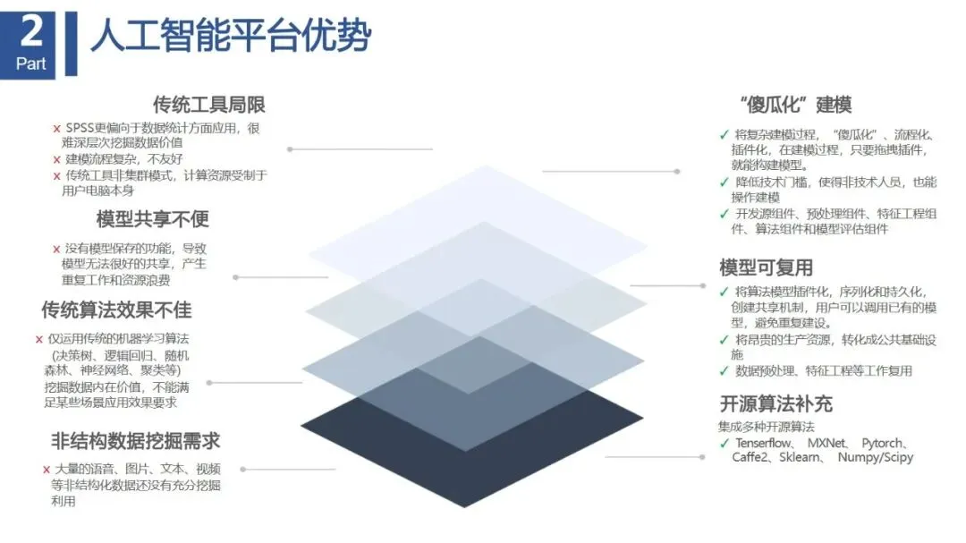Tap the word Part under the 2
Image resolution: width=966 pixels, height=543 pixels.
pos(31,64)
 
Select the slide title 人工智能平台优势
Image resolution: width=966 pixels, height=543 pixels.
pos(231,38)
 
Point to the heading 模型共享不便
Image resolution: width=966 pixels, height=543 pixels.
pos(153,219)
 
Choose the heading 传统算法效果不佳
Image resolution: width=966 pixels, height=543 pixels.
pos(116,310)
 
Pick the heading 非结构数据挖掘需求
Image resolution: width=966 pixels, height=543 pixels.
pos(136,441)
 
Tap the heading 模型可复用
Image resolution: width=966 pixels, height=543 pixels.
pos(766,267)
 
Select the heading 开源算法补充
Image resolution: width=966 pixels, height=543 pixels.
pos(775,403)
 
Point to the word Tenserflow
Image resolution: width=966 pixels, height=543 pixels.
pos(765,444)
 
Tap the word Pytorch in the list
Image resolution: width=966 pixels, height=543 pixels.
pos(885,444)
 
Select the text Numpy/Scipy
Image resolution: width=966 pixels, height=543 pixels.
pos(876,458)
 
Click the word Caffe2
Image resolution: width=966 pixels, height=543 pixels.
pos(753,458)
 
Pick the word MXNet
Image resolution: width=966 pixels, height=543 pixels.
pos(827,444)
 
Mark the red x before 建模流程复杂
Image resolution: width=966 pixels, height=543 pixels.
pos(57,159)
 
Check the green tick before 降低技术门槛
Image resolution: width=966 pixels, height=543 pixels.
pos(724,182)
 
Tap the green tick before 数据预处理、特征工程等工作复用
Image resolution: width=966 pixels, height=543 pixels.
pos(724,371)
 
